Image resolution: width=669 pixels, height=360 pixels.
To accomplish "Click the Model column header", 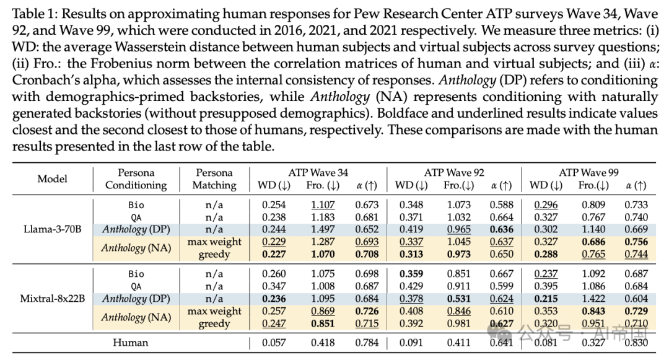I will tap(52, 178).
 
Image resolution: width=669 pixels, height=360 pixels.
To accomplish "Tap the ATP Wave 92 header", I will tap(454, 172).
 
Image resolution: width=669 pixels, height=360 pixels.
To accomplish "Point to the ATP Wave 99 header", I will tap(589, 172).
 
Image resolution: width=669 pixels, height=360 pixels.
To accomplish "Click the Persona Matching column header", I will tap(214, 178).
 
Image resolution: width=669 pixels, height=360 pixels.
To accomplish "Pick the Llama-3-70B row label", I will tap(52, 229).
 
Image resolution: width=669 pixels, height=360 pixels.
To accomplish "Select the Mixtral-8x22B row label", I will tap(52, 298).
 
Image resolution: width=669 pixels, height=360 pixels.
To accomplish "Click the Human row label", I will tap(130, 342).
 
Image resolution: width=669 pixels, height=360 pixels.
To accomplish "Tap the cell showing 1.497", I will tap(322, 229).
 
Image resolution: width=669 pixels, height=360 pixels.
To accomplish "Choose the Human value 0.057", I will tap(273, 342).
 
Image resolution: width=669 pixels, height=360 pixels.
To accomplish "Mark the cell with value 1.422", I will tap(592, 298).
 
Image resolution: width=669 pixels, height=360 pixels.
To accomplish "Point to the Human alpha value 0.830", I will tap(636, 342).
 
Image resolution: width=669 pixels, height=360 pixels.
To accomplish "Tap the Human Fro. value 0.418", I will tap(322, 342).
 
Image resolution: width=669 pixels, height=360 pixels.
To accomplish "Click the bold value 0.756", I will tap(636, 242).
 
